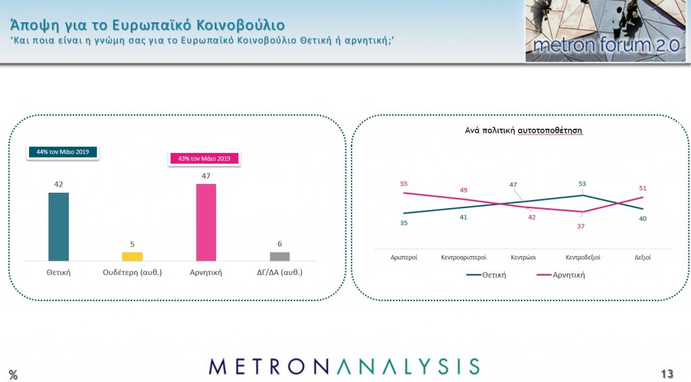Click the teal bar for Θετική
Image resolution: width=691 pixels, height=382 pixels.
(59, 226)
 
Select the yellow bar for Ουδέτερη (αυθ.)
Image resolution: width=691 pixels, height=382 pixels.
(132, 257)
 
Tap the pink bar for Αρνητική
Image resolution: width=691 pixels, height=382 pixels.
(206, 222)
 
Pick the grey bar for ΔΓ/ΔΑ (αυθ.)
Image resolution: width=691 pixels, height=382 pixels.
(280, 257)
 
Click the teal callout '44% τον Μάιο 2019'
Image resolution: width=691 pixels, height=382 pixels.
(63, 152)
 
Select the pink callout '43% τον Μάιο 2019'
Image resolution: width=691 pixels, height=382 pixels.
(204, 158)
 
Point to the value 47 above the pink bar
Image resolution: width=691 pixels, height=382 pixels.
(206, 176)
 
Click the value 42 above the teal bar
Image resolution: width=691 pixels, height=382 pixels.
(59, 185)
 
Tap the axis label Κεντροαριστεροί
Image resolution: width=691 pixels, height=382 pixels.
(464, 257)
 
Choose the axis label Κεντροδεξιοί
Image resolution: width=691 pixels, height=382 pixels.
(583, 257)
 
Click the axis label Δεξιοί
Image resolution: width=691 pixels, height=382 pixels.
(642, 257)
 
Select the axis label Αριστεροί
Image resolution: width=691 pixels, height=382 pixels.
(404, 257)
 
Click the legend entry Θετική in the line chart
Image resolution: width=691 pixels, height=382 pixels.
(487, 275)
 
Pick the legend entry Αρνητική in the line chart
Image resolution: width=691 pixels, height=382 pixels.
(561, 275)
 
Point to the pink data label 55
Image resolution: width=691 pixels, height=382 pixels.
(404, 184)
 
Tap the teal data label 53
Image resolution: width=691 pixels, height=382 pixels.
(582, 184)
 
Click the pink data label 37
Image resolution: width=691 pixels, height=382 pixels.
(581, 226)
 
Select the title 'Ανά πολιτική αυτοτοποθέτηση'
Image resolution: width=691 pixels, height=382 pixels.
(524, 131)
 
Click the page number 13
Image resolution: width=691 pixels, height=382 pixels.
(667, 374)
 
